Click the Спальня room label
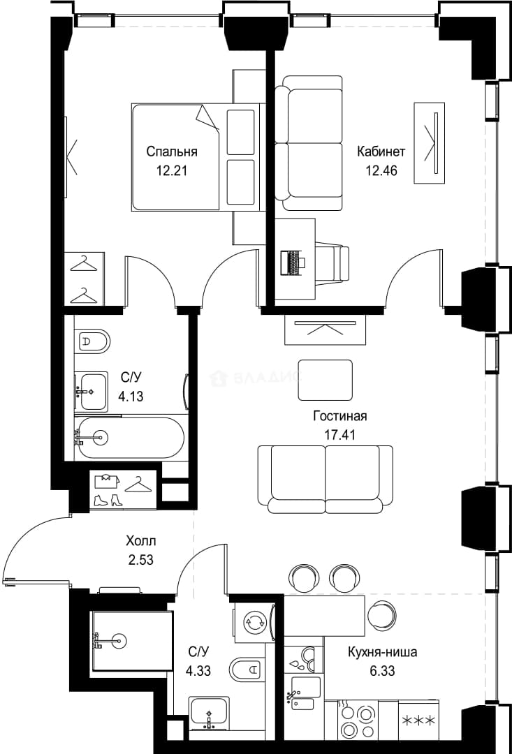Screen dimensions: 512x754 pos(172,152)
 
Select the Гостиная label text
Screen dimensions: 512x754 pos(340,416)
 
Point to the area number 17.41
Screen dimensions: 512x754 pos(340,435)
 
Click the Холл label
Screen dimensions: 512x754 pos(140,541)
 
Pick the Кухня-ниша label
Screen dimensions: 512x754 pos(383,653)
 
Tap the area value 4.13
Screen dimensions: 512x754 pos(131,397)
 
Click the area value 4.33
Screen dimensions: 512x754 pos(198,670)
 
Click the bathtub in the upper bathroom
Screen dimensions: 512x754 pos(130,438)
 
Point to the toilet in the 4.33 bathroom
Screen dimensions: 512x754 pos(247,669)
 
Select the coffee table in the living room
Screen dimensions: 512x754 pos(326,380)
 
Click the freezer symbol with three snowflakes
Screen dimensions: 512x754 pos(418,720)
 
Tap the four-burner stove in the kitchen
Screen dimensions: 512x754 pos(358,720)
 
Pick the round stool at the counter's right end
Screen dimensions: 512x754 pos(383,615)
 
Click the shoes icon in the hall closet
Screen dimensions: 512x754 pos(108,500)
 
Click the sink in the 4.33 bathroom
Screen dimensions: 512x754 pos(208,714)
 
